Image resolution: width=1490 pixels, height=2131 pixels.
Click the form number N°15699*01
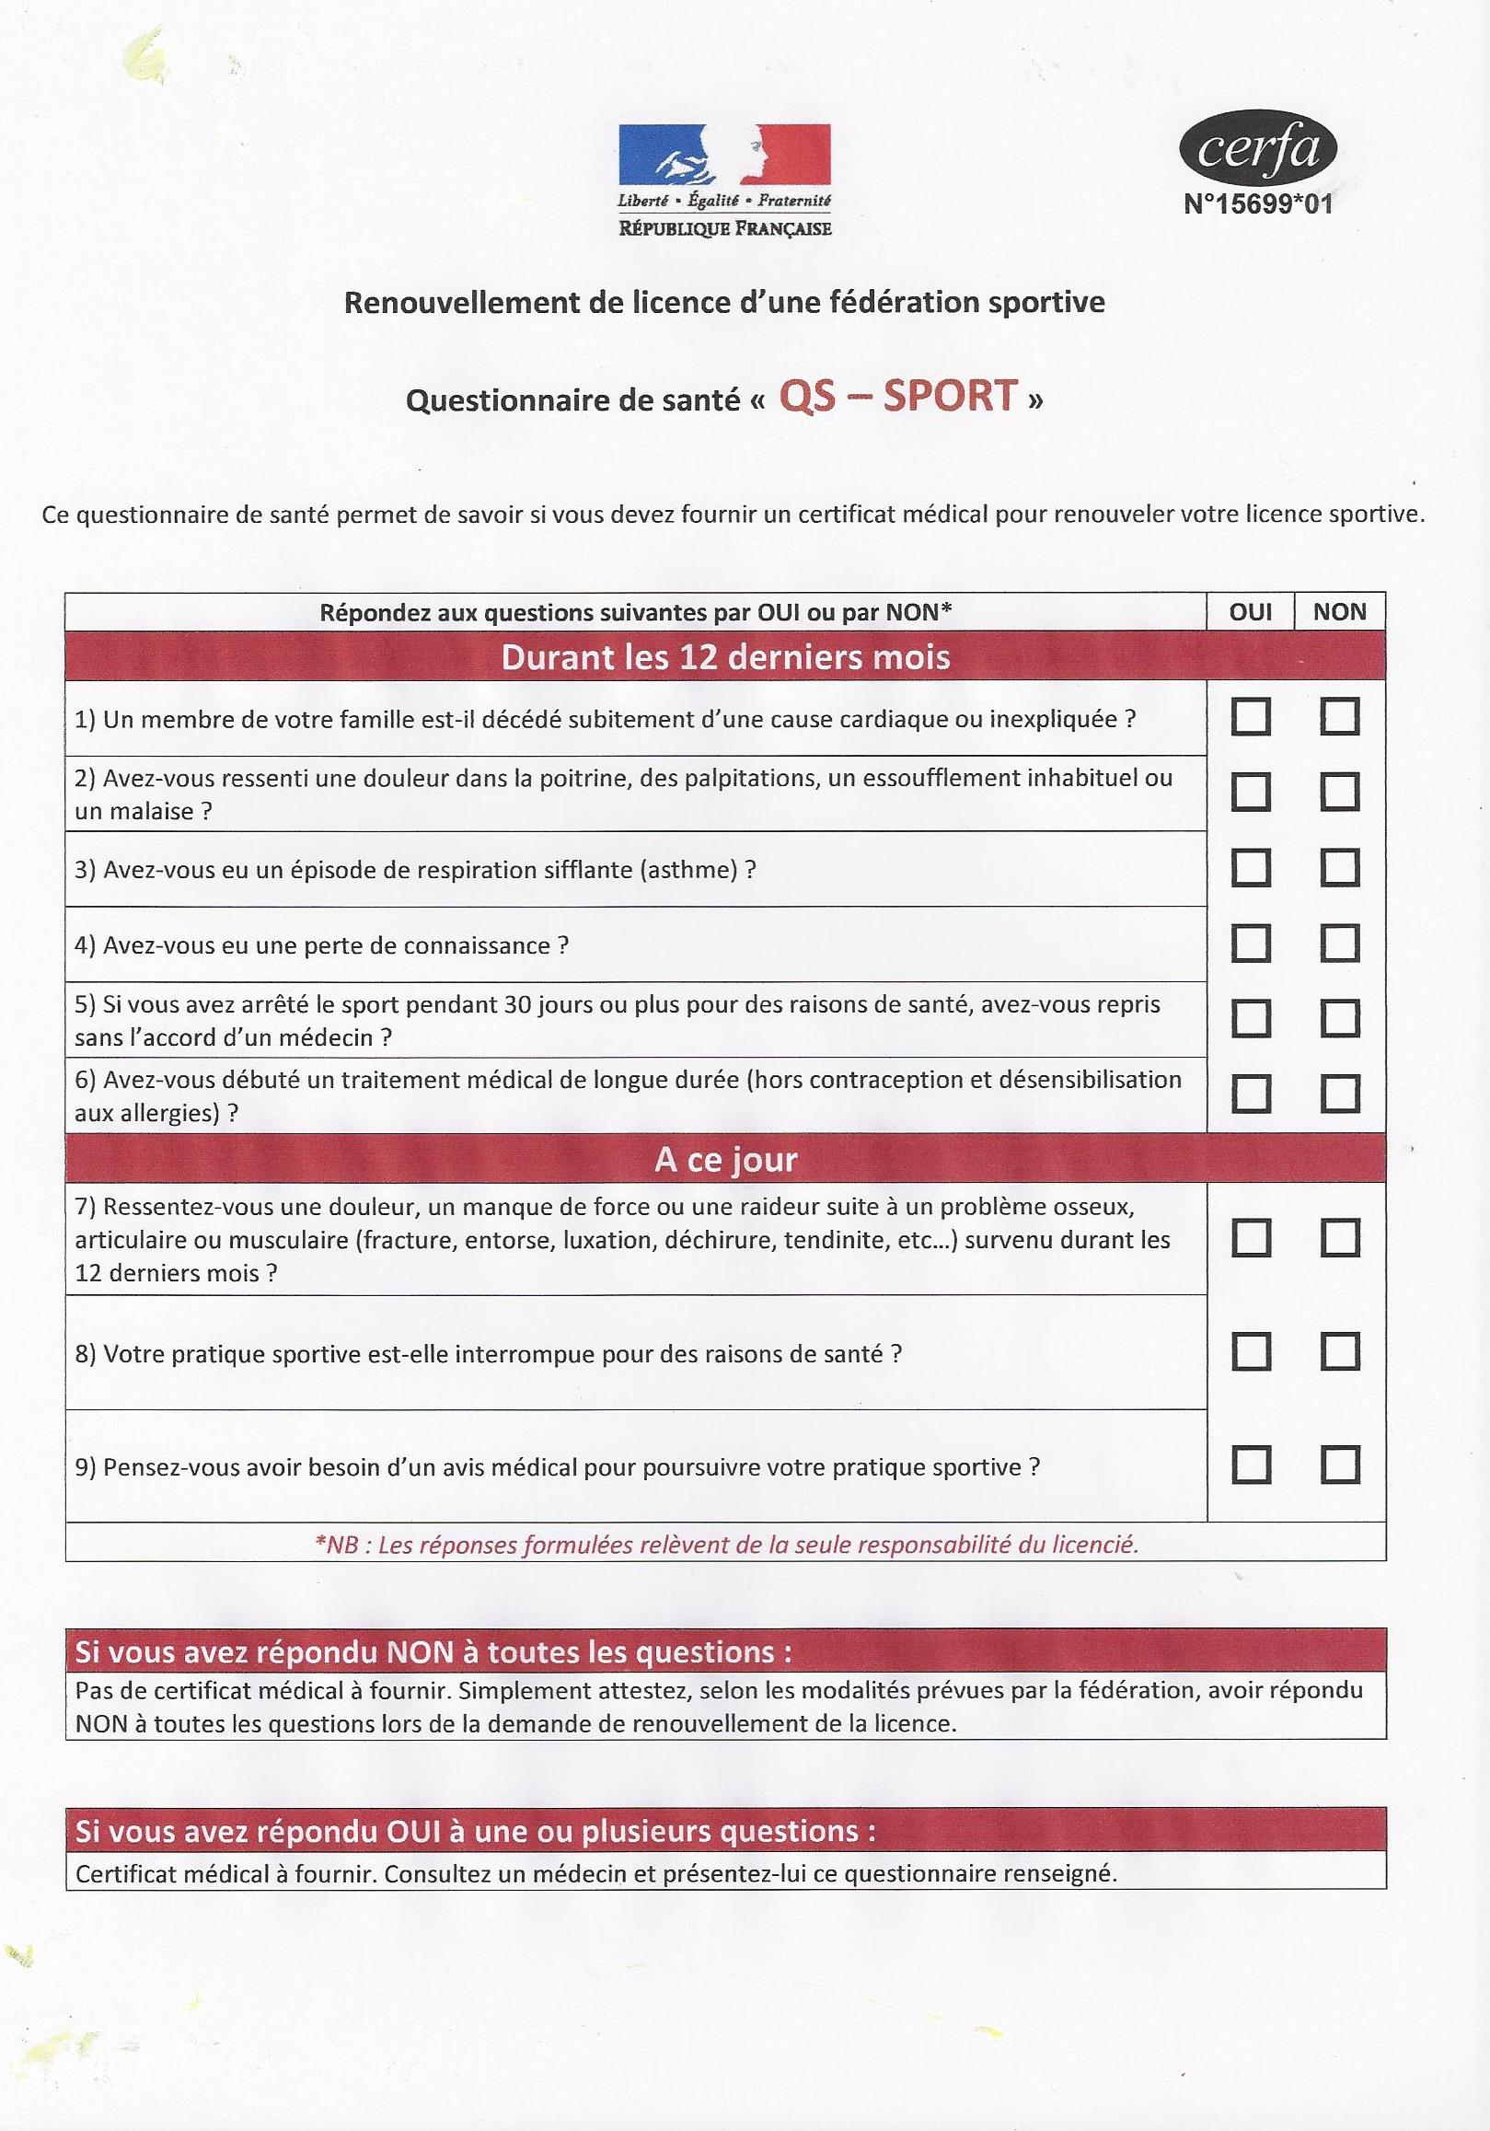[x=1258, y=204]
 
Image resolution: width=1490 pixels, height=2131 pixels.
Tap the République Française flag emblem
[x=724, y=155]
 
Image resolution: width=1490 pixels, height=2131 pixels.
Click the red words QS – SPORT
[x=898, y=397]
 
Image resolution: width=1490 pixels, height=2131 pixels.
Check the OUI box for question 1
[x=1250, y=717]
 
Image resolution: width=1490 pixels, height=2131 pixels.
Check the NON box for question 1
[x=1340, y=717]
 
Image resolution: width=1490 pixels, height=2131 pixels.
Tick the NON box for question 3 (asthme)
[x=1340, y=869]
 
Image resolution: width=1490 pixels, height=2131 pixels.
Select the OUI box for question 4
[x=1250, y=944]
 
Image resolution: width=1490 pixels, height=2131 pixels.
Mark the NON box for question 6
[x=1340, y=1094]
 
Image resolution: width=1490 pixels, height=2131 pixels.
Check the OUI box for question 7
[x=1250, y=1238]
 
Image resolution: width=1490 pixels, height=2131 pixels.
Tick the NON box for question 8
[x=1340, y=1352]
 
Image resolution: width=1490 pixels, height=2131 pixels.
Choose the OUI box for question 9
[x=1250, y=1465]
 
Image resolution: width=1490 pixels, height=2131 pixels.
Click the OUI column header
[x=1250, y=612]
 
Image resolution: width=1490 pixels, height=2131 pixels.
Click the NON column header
[x=1340, y=612]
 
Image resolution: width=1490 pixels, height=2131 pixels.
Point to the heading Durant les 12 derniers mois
[x=725, y=657]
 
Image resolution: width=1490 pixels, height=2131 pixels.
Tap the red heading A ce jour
[x=725, y=1160]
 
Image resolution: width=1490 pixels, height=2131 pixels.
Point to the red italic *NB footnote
[x=725, y=1545]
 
